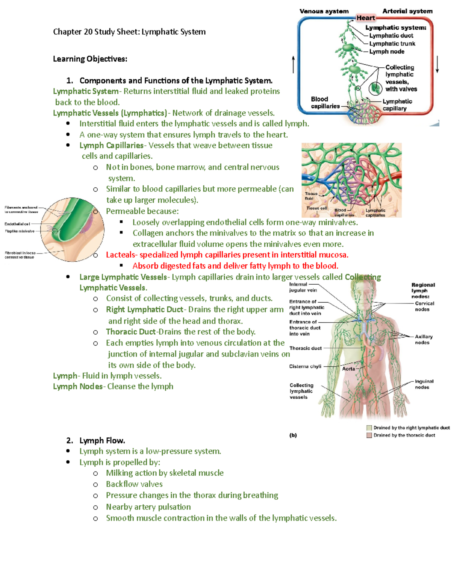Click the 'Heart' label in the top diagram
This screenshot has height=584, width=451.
[x=365, y=18]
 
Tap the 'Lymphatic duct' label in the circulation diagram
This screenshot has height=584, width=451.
[x=391, y=36]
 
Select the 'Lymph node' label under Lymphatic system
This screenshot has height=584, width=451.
[x=387, y=52]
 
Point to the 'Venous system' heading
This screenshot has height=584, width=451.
[x=324, y=11]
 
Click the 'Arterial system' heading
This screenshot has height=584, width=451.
[x=407, y=11]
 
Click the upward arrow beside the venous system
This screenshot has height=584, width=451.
[x=293, y=64]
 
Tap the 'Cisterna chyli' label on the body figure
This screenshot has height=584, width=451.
[x=305, y=366]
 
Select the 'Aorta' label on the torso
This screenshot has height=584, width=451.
[x=348, y=369]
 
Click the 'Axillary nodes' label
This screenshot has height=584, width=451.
[x=424, y=340]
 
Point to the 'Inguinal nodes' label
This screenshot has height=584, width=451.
[x=424, y=384]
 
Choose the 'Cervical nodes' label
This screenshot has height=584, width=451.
[x=424, y=306]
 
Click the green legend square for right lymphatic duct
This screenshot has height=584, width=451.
[x=369, y=428]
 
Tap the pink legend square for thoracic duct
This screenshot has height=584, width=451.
[x=369, y=435]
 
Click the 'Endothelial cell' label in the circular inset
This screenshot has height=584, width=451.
[x=17, y=224]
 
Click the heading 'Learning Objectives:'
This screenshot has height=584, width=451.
[x=90, y=59]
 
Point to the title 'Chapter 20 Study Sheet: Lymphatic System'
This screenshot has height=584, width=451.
[x=129, y=32]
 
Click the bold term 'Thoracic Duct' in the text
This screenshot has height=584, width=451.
[x=130, y=332]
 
